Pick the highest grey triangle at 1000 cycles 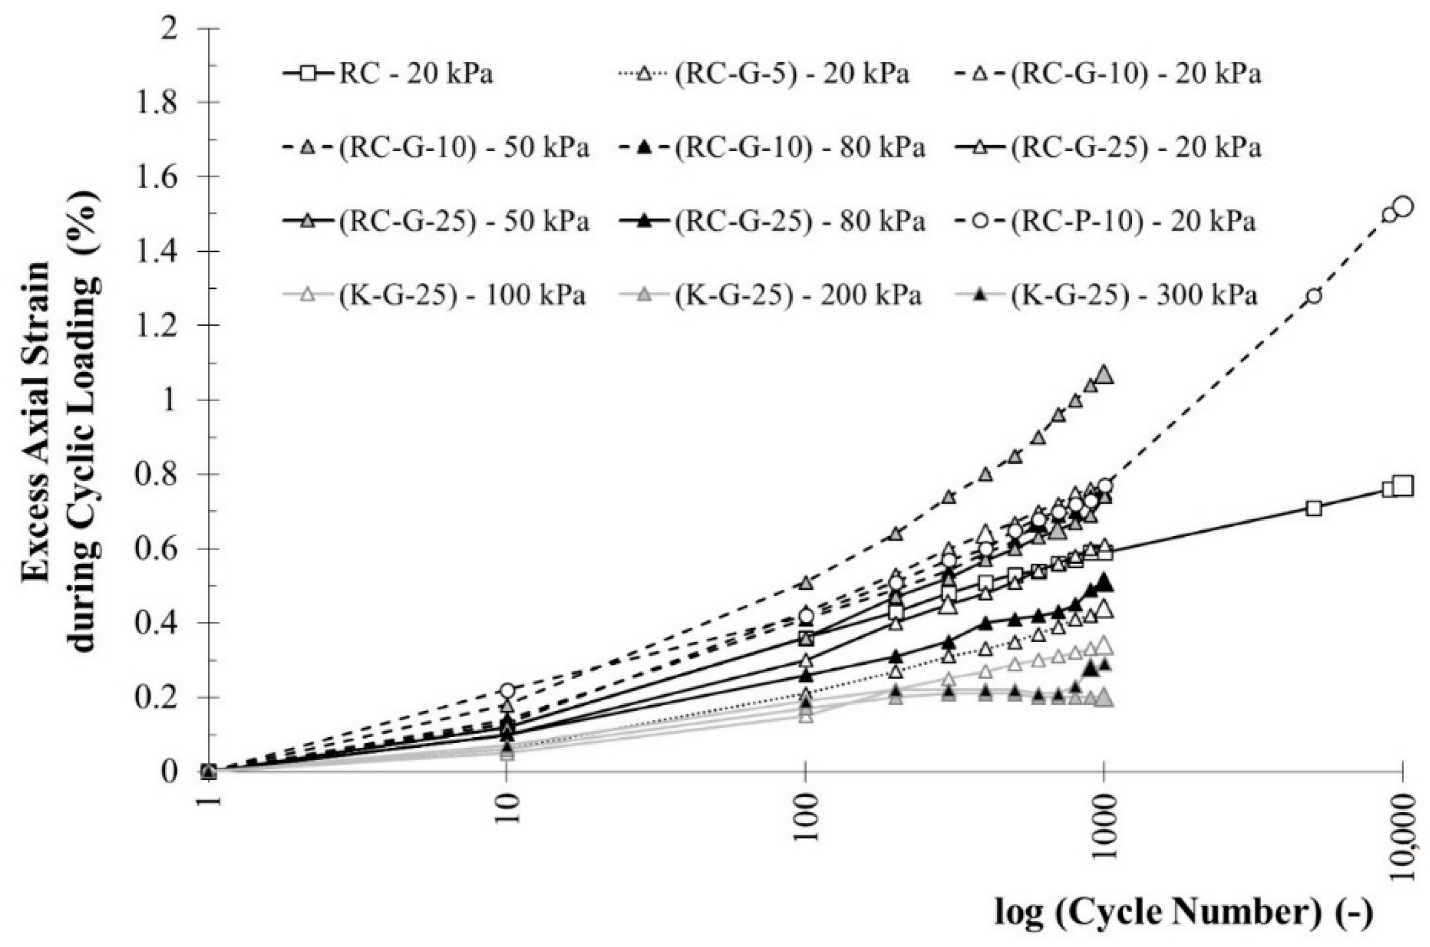[1104, 375]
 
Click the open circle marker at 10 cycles [507, 690]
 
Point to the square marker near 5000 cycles [1313, 508]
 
